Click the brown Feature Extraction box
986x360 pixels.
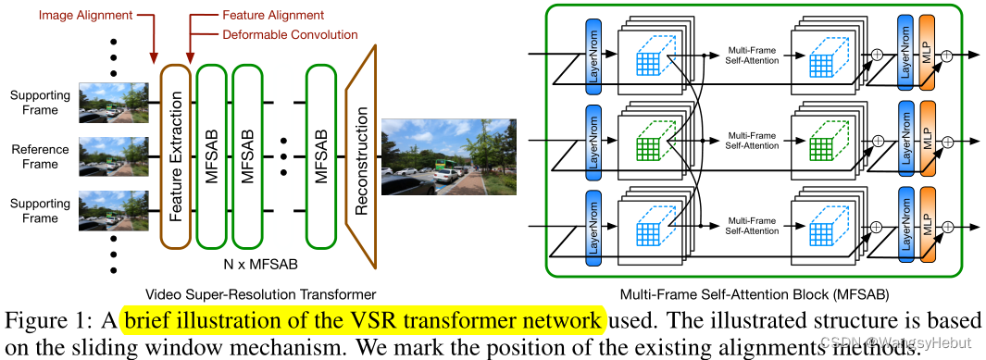pos(176,155)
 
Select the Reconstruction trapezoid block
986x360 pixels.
pos(362,154)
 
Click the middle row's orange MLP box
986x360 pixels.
pos(925,140)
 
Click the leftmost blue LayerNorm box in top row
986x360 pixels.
pos(594,64)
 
